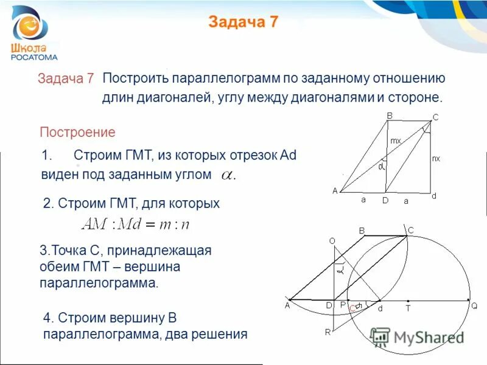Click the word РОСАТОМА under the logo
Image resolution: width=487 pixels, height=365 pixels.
34,57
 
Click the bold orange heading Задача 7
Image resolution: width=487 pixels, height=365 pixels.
243,23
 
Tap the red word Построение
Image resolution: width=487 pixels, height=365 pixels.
77,132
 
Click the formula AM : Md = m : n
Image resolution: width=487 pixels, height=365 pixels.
136,224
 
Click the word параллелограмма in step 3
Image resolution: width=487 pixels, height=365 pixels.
98,283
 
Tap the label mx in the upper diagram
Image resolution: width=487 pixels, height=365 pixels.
396,141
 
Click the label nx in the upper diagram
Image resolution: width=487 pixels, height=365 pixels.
436,158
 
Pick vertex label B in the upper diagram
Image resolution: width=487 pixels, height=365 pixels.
390,116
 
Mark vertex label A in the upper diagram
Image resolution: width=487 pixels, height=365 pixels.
335,191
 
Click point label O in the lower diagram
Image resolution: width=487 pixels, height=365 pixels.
332,242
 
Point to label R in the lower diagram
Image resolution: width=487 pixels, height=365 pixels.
328,332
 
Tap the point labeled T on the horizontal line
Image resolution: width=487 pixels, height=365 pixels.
408,308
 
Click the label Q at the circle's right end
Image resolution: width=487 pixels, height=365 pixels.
474,307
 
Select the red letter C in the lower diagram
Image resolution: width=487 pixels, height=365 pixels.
352,309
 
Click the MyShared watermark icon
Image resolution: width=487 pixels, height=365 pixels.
380,337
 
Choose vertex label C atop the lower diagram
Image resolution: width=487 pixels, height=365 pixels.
410,230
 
